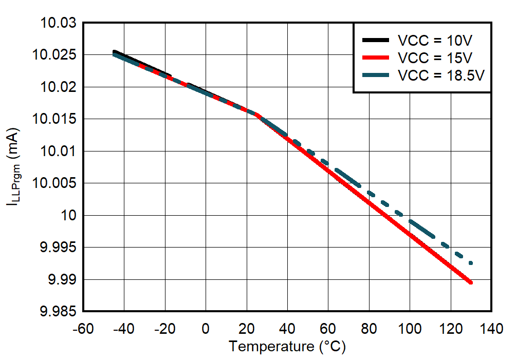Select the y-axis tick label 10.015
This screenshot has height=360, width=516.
[x=57, y=119]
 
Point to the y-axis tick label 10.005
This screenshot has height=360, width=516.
[x=57, y=183]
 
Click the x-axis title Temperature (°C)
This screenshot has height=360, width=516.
[x=287, y=347]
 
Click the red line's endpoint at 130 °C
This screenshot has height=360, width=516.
[x=470, y=282]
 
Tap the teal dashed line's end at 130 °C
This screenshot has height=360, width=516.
[x=470, y=263]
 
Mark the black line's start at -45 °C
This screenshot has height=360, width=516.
[x=114, y=51]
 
